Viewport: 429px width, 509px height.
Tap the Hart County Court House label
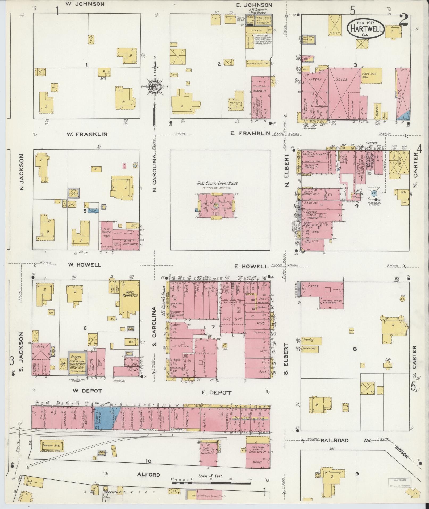click(217, 183)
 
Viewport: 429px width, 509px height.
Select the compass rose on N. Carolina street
click(155, 87)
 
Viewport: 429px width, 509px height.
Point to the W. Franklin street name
click(87, 134)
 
